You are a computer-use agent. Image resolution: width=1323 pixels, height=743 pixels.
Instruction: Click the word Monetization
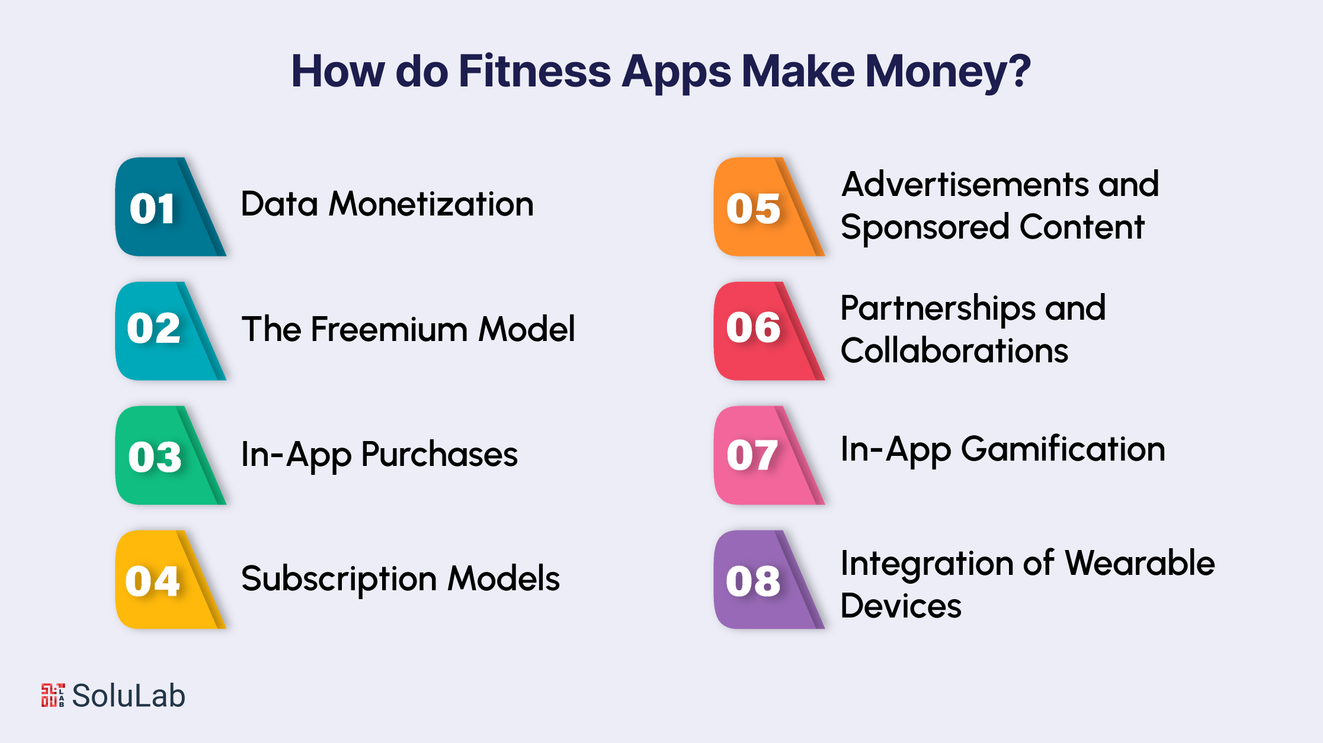[x=431, y=204]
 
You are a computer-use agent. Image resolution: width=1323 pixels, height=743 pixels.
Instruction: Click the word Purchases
[x=439, y=455]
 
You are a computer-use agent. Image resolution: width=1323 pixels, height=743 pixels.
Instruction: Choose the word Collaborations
[x=954, y=350]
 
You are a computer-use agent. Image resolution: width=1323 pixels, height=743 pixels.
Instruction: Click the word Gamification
[x=1063, y=449]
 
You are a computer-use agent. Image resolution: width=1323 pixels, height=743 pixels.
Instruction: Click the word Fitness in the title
[x=534, y=71]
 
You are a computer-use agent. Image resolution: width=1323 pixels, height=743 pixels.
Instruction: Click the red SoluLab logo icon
[x=53, y=695]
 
